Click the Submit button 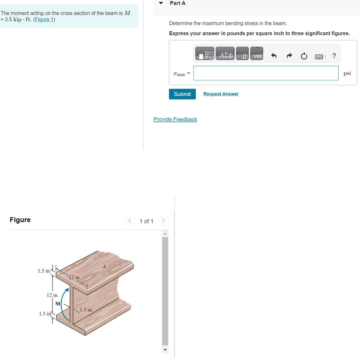click(x=182, y=94)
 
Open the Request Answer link click(x=221, y=94)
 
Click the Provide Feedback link click(x=175, y=119)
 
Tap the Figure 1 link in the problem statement click(x=44, y=19)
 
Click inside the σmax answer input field click(x=266, y=73)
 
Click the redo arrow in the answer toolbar click(x=289, y=56)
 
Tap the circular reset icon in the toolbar click(x=304, y=56)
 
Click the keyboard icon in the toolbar click(x=319, y=56)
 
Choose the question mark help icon click(x=334, y=56)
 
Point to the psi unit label click(x=347, y=73)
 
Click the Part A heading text click(x=177, y=3)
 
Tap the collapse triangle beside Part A click(x=161, y=3)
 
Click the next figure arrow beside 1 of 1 click(x=163, y=221)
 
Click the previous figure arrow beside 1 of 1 click(x=129, y=221)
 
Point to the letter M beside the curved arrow click(x=58, y=303)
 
